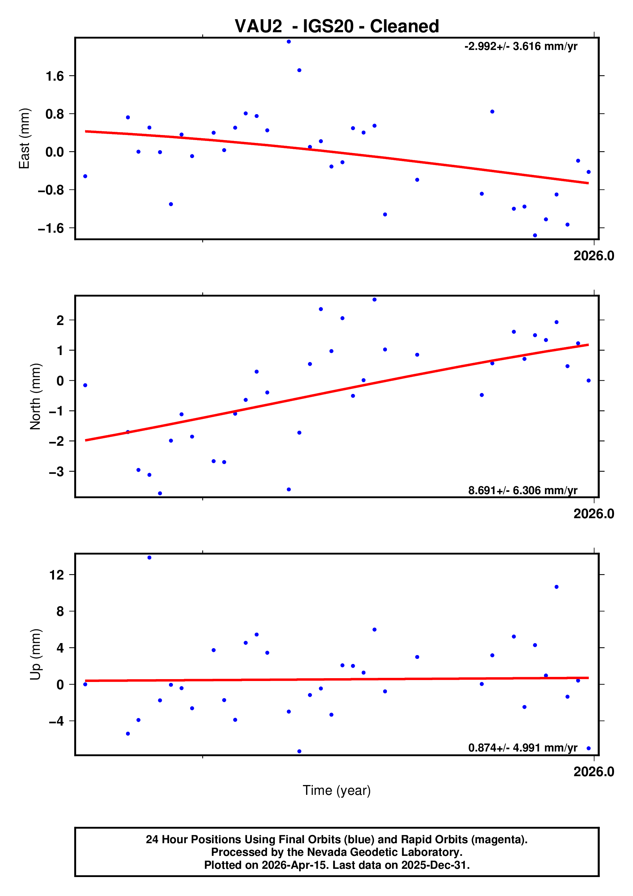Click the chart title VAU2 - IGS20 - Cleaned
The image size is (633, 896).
coord(336,27)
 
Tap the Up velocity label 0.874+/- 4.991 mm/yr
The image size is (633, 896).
coord(522,748)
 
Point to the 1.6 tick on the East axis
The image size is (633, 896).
coord(55,76)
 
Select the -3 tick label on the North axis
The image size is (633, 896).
coord(56,472)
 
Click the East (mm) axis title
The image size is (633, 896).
coord(24,138)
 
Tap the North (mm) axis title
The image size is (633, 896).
coord(35,396)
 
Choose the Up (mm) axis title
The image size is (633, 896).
coord(35,654)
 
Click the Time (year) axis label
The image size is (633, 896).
coord(336,790)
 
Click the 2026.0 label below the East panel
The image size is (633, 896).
coord(593,256)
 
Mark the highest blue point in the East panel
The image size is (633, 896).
coord(288,42)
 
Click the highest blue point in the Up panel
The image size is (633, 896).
coord(149,558)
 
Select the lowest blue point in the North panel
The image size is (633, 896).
coord(160,493)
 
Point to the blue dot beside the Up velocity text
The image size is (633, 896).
coord(588,748)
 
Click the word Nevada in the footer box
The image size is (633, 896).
coord(323,852)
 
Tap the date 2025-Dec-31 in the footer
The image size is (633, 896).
coord(434,865)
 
